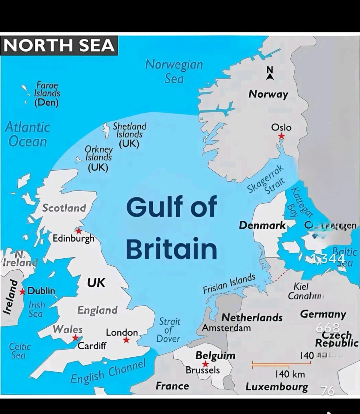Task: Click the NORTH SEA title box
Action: pyautogui.click(x=59, y=46)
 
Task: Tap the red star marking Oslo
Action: pyautogui.click(x=281, y=136)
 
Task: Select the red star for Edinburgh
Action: pyautogui.click(x=79, y=231)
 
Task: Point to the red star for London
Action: pyautogui.click(x=126, y=340)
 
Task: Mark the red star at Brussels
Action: pyautogui.click(x=205, y=364)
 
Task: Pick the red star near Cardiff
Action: pyautogui.click(x=75, y=338)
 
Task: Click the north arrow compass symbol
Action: pyautogui.click(x=270, y=73)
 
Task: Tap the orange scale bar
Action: pyautogui.click(x=281, y=364)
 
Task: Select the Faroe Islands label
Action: pyautogui.click(x=47, y=94)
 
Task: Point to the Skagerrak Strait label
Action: pyautogui.click(x=266, y=179)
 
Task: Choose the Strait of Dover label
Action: pyautogui.click(x=169, y=330)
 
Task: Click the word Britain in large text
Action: pyautogui.click(x=171, y=249)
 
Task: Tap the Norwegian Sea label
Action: pyautogui.click(x=174, y=71)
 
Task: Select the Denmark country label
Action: pyautogui.click(x=262, y=225)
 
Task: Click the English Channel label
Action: pyautogui.click(x=108, y=371)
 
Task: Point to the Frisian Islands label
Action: pyautogui.click(x=229, y=283)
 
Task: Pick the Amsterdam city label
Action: pyautogui.click(x=226, y=328)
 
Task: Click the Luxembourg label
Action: pyautogui.click(x=277, y=387)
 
